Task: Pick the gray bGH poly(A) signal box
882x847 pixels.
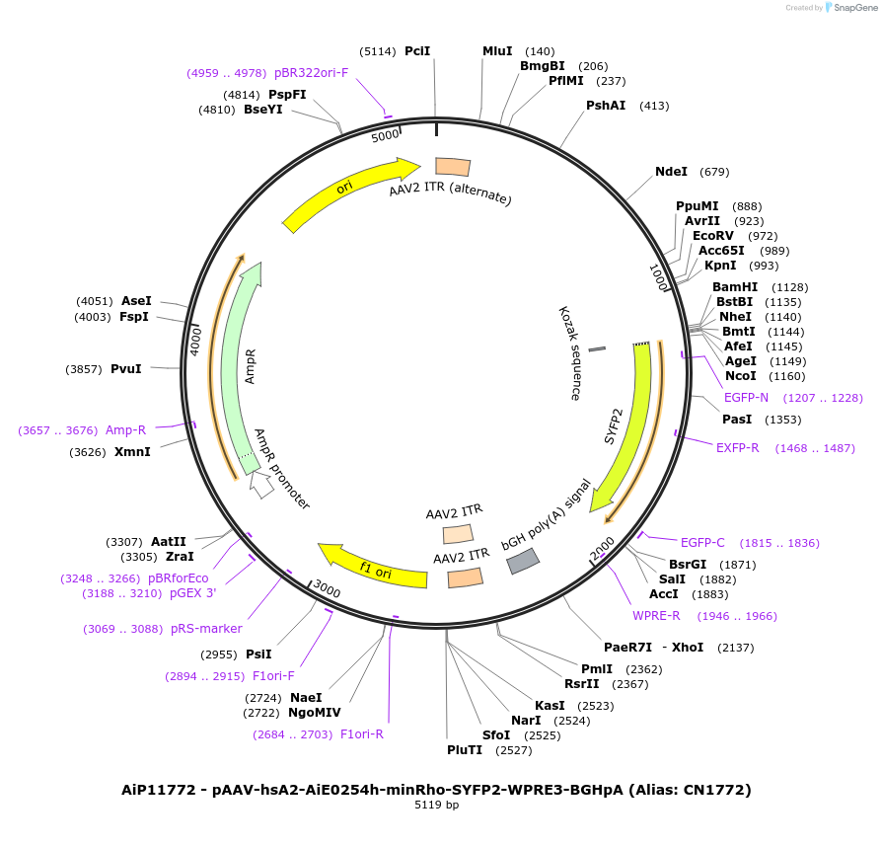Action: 523,561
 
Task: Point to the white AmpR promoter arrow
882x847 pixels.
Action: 261,484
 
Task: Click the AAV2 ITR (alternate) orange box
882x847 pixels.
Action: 453,167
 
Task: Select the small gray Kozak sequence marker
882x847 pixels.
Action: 597,348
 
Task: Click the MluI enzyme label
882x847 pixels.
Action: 497,51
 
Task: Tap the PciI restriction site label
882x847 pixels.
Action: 417,51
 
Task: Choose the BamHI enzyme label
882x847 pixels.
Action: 735,287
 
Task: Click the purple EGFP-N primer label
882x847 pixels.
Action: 746,398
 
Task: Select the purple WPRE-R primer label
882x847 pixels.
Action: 657,616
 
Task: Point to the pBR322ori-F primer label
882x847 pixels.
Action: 311,72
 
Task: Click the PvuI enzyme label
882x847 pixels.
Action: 126,369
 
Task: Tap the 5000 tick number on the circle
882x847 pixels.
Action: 386,135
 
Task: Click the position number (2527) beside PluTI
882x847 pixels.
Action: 514,750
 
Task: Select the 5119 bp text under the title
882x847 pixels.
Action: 436,805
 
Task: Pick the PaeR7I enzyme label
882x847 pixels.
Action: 628,648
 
